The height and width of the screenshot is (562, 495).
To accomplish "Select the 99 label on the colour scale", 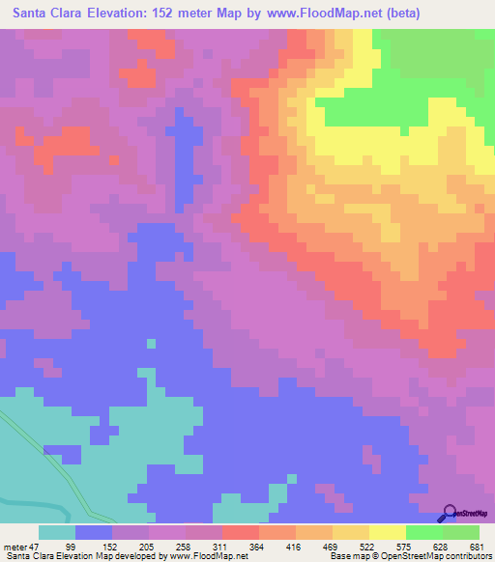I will click(x=95, y=546).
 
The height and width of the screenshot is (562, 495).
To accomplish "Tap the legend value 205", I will click(x=198, y=546).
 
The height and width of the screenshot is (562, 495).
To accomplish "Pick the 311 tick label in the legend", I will click(x=301, y=546).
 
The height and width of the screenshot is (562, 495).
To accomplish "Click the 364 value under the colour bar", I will click(x=352, y=546).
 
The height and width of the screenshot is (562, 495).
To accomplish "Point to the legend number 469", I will click(x=453, y=546).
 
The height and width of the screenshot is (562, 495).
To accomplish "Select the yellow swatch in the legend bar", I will click(x=387, y=532).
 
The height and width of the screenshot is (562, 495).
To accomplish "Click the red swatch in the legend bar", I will click(x=240, y=532).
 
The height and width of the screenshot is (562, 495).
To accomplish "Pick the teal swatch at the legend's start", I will click(x=57, y=532).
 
